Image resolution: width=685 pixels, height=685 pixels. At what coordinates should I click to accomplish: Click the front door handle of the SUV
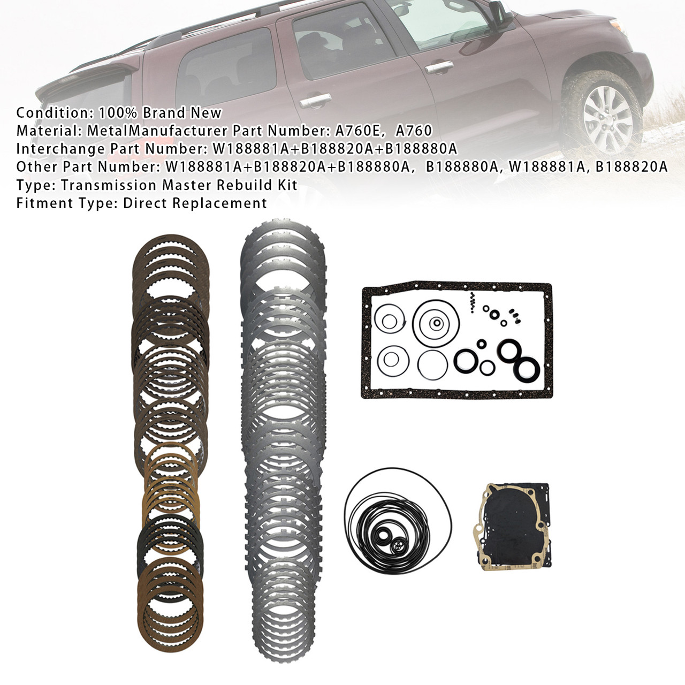coord(437,67)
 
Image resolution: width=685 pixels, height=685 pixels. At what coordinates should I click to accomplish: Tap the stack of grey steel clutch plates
coord(284,428)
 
